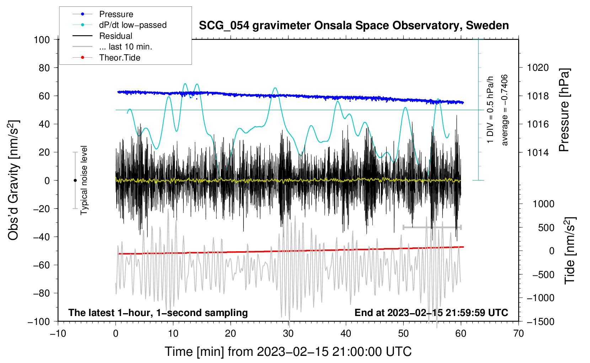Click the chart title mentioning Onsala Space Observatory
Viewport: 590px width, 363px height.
point(354,26)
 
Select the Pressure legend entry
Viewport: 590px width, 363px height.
point(116,14)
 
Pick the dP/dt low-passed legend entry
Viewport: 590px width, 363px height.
point(133,25)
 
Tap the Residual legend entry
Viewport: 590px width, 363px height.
point(116,36)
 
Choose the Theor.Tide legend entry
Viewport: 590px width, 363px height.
point(119,58)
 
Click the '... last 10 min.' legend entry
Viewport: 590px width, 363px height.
point(125,47)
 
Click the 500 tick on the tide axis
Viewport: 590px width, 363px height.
point(546,228)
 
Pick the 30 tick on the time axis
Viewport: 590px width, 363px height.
point(288,334)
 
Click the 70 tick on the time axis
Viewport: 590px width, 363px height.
point(519,334)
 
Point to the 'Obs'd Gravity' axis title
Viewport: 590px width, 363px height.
point(14,180)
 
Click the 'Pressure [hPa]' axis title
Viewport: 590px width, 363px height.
point(564,110)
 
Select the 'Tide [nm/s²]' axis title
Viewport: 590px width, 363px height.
point(570,250)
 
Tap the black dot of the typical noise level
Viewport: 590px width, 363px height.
point(75,180)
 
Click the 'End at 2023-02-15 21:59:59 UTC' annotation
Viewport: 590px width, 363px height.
point(431,313)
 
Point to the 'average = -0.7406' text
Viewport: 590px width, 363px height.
point(505,110)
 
